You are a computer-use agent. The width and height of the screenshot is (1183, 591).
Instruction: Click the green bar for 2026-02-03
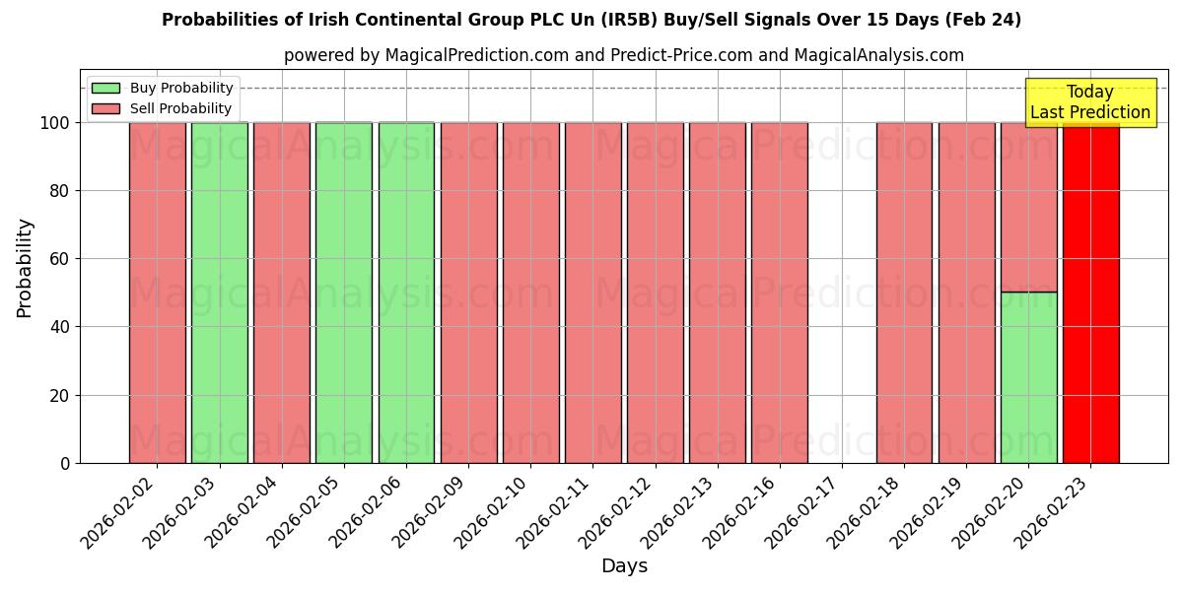(x=219, y=293)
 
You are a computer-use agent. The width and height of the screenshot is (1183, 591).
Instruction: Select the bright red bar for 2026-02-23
(x=1090, y=293)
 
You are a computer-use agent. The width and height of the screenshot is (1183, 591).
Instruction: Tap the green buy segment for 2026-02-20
(x=1028, y=377)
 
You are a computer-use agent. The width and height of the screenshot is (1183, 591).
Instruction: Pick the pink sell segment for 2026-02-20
(x=1028, y=207)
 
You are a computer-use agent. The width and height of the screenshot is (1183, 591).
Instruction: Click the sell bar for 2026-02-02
(x=157, y=293)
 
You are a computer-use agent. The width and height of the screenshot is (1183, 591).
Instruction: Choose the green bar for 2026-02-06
(x=406, y=293)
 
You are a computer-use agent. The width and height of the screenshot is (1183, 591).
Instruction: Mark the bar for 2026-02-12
(x=655, y=293)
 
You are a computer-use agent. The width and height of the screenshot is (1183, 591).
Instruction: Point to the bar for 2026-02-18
(x=904, y=293)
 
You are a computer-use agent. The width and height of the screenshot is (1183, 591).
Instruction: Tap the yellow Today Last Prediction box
(x=1090, y=102)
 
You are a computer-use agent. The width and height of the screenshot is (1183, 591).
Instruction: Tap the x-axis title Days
(x=624, y=566)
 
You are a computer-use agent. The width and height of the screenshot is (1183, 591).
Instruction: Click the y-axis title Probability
(x=25, y=268)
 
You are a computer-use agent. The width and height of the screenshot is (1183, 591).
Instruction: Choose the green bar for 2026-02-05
(x=343, y=293)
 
